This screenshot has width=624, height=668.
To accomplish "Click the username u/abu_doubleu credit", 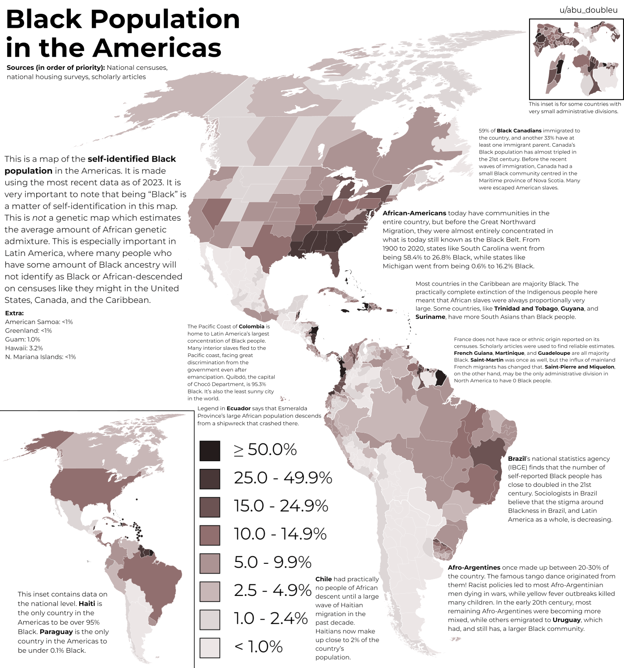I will click(588, 10).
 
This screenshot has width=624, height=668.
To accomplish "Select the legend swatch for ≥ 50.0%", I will click(210, 451).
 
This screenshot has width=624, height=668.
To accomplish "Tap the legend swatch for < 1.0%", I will click(210, 647).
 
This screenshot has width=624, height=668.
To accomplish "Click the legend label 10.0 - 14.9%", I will click(280, 534).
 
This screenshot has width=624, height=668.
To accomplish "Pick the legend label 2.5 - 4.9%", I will click(272, 591).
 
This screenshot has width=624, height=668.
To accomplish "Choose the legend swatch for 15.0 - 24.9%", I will click(210, 507).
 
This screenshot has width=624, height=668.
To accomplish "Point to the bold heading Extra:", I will click(14, 313).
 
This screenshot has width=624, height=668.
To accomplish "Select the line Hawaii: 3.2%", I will click(24, 348).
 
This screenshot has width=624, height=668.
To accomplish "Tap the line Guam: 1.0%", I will click(23, 339).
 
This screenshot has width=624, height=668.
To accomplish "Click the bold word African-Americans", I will click(414, 213).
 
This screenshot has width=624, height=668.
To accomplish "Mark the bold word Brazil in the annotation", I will click(516, 459).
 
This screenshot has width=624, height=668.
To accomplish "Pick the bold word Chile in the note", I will click(323, 579).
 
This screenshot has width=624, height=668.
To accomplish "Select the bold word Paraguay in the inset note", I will click(56, 632).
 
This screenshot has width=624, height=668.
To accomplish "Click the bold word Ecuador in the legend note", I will click(238, 408).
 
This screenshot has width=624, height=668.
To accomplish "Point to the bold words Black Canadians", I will click(519, 131).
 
